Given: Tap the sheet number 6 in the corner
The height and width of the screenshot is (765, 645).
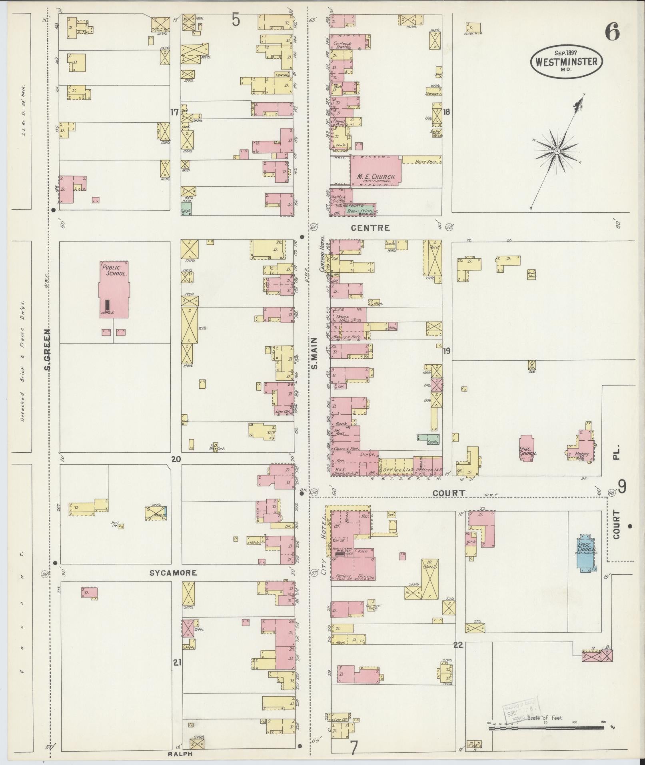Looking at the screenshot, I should [612, 32].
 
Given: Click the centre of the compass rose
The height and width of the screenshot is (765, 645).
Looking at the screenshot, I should [557, 151].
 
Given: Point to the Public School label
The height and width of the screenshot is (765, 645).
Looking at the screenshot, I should [114, 271].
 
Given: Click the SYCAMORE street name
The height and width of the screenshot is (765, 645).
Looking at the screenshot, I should [173, 573].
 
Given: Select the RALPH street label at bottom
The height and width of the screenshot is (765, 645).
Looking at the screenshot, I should [180, 754].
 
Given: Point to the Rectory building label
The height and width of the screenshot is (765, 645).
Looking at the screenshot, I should [582, 454].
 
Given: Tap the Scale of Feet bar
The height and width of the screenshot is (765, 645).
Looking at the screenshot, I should [546, 729].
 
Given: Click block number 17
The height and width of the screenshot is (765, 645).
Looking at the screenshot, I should [174, 113].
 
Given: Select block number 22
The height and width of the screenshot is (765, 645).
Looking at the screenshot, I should [458, 645].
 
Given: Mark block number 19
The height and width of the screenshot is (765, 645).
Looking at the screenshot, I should [447, 351].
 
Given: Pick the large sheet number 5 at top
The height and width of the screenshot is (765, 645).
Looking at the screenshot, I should [236, 20].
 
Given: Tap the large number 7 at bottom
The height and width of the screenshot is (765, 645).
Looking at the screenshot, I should [354, 747].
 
